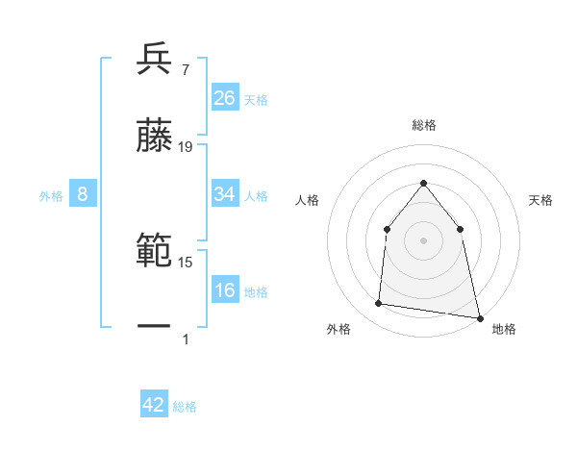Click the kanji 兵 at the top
155,59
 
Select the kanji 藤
155,137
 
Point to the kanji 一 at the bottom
155,327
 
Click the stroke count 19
186,147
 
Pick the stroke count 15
186,262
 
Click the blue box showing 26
225,98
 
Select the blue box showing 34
225,194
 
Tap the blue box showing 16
225,290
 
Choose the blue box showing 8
83,194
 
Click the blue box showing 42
154,405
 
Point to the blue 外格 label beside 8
51,195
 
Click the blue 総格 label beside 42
185,406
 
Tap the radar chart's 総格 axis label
423,125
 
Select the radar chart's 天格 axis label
541,200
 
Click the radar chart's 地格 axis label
504,329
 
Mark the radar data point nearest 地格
479,316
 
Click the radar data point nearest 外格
379,304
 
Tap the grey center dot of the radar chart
423,240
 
